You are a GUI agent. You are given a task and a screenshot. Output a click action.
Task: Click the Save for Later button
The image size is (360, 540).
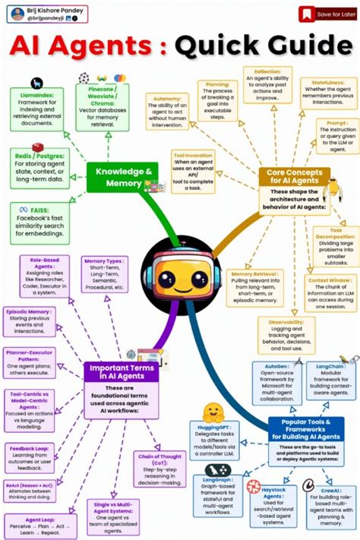click(327, 14)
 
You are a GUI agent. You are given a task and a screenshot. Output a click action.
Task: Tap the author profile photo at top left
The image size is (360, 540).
click(13, 13)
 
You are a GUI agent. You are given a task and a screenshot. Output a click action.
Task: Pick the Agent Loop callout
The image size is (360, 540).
click(32, 523)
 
